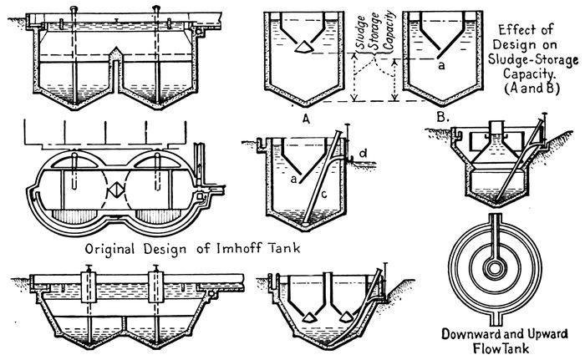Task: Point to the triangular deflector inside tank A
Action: (x=301, y=49)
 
